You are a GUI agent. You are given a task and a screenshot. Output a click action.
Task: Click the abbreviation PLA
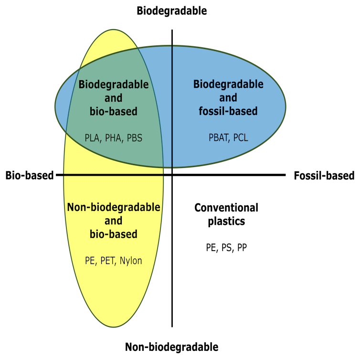click(92, 138)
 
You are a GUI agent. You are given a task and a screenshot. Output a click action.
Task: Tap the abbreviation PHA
click(114, 138)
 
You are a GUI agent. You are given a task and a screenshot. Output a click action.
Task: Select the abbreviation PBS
click(134, 138)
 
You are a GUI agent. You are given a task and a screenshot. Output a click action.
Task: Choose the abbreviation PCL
click(241, 138)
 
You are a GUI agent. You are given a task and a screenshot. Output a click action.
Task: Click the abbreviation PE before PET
click(90, 261)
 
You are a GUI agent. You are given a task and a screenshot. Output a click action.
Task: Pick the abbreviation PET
click(107, 261)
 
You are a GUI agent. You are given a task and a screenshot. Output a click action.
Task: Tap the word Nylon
click(131, 261)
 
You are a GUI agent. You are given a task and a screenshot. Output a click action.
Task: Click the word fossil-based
click(228, 111)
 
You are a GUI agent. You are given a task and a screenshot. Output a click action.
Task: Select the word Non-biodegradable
click(114, 208)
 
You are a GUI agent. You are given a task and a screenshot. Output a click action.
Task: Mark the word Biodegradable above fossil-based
click(228, 85)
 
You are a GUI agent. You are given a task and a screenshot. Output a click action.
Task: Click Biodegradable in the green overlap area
click(114, 85)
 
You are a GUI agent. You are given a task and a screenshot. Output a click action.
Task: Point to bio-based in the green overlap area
click(114, 112)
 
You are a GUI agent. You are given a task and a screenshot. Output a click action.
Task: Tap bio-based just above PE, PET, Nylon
click(114, 234)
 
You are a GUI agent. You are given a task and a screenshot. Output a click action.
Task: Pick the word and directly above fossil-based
click(228, 98)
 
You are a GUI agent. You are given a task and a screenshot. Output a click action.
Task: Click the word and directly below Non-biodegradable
click(114, 221)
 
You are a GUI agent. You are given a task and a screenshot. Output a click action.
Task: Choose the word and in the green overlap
click(114, 98)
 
